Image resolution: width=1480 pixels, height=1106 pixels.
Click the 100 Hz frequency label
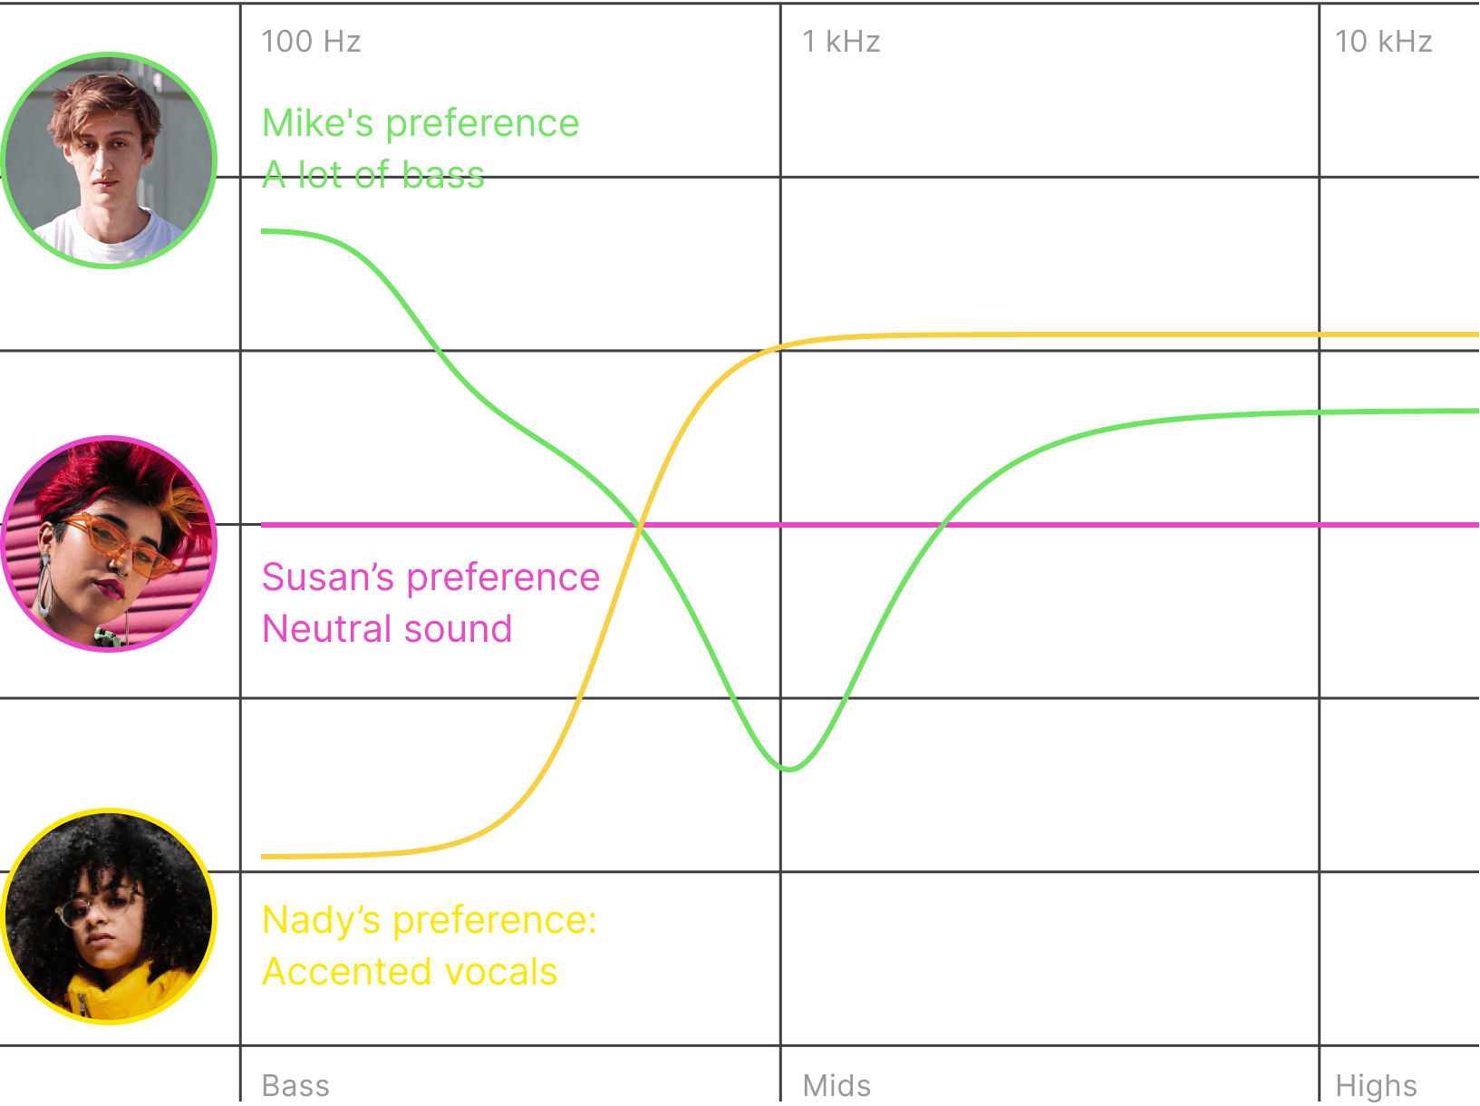[311, 42]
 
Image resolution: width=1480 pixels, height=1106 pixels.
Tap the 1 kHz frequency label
[841, 42]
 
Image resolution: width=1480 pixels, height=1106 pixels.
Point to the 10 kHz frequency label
[1383, 42]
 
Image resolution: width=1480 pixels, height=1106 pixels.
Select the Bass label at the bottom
[295, 1085]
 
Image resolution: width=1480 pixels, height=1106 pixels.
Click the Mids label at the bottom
[837, 1085]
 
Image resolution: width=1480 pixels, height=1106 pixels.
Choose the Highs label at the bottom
[1376, 1085]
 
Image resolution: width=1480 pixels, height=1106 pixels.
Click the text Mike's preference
[421, 123]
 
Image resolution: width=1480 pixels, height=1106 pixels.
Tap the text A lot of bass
[373, 175]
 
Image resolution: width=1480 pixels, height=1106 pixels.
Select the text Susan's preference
[430, 577]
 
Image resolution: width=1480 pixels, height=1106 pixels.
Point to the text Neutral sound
[387, 629]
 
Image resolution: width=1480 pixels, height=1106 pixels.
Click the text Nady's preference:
[430, 920]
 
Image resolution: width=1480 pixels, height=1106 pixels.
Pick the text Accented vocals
[410, 972]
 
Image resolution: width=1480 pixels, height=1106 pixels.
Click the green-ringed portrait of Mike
[109, 160]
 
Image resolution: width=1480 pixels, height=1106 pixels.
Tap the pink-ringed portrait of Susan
[109, 544]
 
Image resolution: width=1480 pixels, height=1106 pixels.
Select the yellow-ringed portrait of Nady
[109, 917]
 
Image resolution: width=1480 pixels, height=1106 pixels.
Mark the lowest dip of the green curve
[789, 769]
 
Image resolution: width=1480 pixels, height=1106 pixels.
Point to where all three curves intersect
[641, 525]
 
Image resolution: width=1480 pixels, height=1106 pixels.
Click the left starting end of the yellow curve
[264, 856]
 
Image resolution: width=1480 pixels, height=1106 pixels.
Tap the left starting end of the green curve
[264, 231]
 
